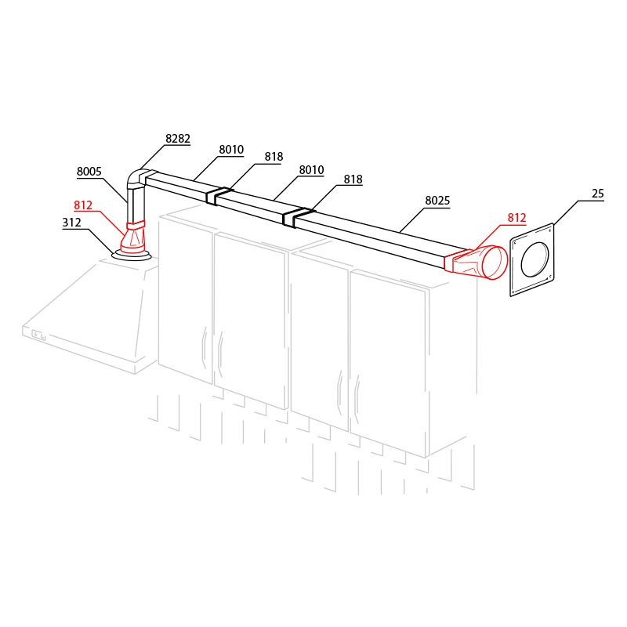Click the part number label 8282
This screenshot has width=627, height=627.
[x=178, y=139]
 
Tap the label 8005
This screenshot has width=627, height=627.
[x=89, y=172]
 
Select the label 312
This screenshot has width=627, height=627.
[x=71, y=223]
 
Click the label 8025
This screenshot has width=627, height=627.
[x=437, y=201]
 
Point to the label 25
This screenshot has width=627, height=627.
[x=598, y=194]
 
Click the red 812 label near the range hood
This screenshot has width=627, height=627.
[x=83, y=205]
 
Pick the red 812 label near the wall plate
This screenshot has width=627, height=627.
[x=516, y=218]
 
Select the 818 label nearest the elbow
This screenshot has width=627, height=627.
[x=274, y=157]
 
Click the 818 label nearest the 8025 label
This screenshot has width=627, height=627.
[x=353, y=179]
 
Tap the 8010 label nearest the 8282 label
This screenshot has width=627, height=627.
[x=231, y=150]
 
